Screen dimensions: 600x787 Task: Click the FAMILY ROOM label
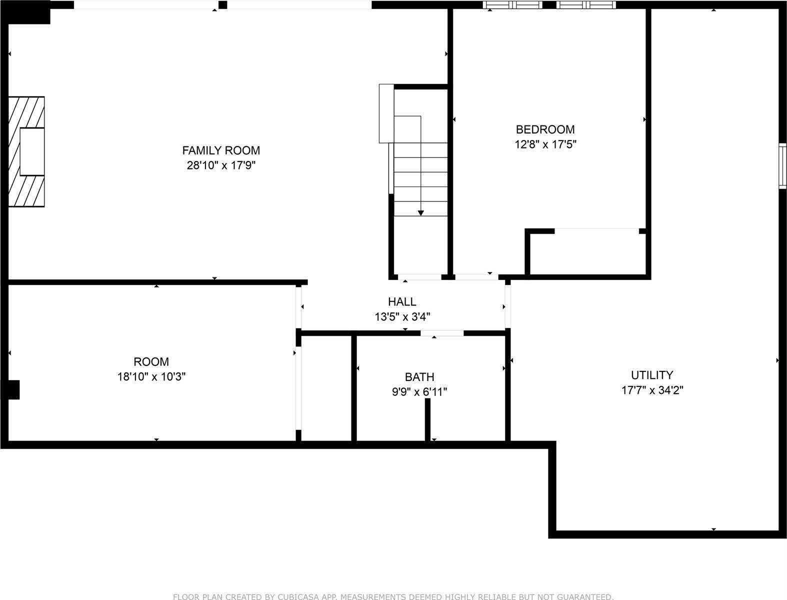(x=221, y=150)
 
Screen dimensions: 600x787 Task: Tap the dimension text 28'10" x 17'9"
(x=221, y=165)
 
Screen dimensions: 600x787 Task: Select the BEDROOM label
(x=545, y=129)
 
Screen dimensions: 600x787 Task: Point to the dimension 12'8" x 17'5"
(x=545, y=145)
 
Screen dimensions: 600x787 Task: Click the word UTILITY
(x=651, y=375)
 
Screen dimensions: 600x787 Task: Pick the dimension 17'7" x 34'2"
(x=651, y=390)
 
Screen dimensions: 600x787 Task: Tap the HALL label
(x=402, y=301)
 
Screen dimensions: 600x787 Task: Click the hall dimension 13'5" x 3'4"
(x=402, y=317)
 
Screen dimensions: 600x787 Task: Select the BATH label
(x=419, y=377)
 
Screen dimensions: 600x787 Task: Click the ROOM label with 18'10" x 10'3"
(x=151, y=361)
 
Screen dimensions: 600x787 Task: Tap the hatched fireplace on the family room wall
(x=26, y=151)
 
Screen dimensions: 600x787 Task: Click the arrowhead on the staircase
(x=421, y=213)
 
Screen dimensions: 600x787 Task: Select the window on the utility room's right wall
(x=782, y=165)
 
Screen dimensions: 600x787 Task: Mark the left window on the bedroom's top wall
(x=513, y=5)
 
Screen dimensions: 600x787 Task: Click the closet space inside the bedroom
(x=587, y=253)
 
